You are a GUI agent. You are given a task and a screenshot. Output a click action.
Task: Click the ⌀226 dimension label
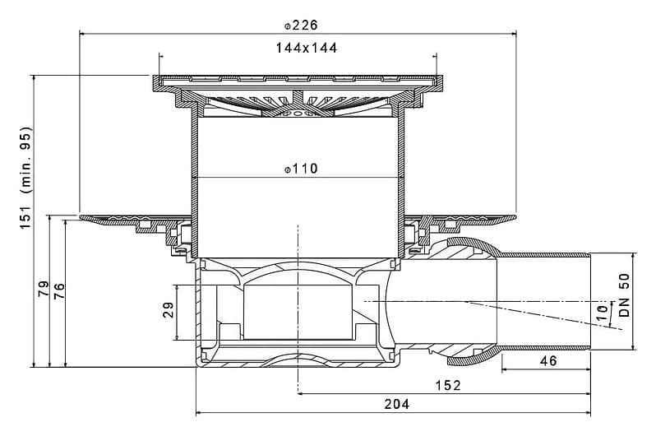click(x=301, y=26)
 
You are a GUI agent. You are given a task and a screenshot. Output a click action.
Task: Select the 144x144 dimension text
click(x=307, y=49)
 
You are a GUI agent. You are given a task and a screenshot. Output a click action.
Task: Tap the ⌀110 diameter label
click(x=301, y=169)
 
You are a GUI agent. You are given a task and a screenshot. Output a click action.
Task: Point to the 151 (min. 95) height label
click(x=26, y=177)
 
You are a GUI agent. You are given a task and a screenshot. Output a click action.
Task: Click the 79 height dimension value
click(x=44, y=289)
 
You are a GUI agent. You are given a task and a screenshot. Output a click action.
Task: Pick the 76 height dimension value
click(x=59, y=291)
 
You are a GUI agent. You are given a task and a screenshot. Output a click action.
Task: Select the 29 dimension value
click(x=169, y=310)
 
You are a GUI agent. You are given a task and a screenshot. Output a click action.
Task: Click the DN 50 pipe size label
click(x=624, y=295)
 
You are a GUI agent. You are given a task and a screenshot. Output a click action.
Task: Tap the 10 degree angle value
click(x=602, y=313)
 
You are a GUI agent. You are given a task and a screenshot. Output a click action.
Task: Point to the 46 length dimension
click(x=548, y=360)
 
